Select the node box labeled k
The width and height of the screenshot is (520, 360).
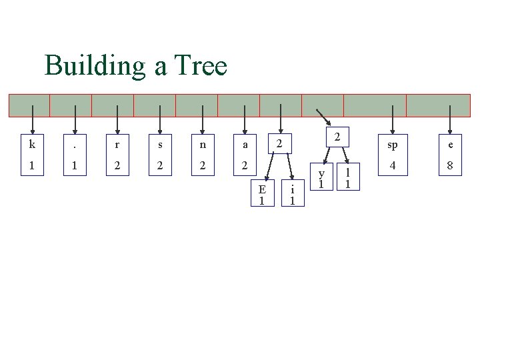click(x=32, y=154)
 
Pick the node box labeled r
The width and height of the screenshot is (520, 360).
click(x=117, y=154)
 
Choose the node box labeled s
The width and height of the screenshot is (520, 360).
click(x=160, y=154)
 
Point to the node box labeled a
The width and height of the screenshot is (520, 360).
click(x=245, y=154)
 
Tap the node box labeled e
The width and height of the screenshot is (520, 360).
click(x=451, y=154)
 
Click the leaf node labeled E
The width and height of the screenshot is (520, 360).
click(x=263, y=193)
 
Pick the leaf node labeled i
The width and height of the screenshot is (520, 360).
click(x=292, y=193)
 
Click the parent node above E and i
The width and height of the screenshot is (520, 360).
click(x=280, y=143)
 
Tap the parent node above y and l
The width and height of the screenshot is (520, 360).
click(x=337, y=137)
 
